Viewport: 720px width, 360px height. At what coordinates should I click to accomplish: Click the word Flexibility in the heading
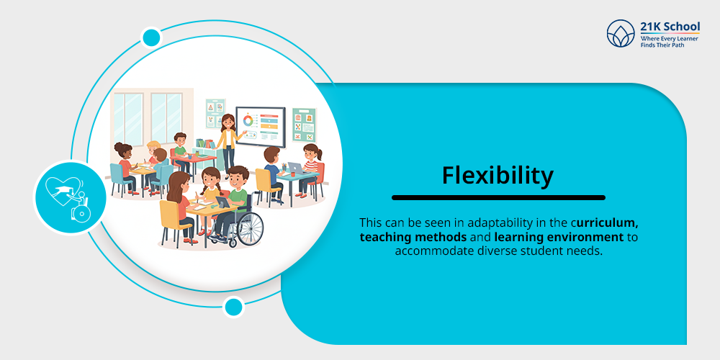coord(498,175)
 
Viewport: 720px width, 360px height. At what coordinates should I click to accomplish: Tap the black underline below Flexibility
coord(498,197)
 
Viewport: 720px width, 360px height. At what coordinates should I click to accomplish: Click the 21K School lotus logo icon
coord(621,33)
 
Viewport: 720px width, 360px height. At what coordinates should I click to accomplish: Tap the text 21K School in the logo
coord(670,27)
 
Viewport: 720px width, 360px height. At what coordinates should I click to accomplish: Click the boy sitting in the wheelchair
coord(235,198)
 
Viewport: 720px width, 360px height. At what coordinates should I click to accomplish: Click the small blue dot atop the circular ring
coord(151,37)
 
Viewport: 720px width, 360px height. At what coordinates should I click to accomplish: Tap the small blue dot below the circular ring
coord(233,307)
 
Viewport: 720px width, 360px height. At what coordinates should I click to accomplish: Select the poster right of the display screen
coord(304,124)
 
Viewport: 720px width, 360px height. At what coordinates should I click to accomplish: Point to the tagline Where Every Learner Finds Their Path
coord(670,40)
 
